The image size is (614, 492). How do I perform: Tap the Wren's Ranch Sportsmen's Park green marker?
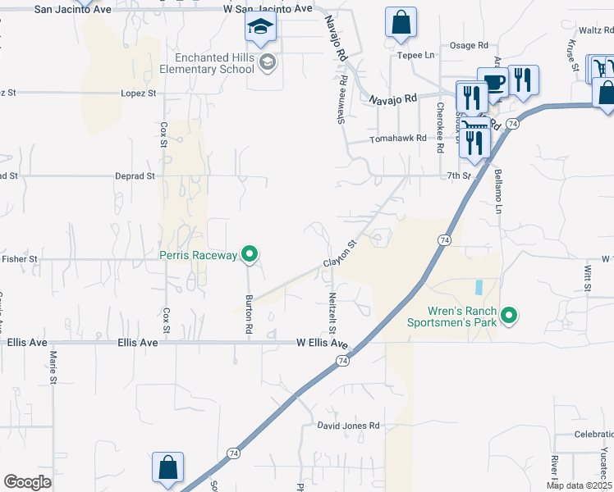click(510, 315)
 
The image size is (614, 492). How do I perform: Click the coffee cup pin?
click(493, 81)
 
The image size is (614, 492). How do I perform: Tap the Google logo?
click(27, 482)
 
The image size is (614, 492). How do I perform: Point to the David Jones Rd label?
click(349, 426)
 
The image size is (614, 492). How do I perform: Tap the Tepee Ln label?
click(415, 56)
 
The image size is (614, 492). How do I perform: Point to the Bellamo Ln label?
click(498, 188)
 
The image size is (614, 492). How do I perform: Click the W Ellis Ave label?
click(323, 343)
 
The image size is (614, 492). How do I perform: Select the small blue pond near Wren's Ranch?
click(479, 288)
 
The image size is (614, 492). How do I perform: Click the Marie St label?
click(53, 367)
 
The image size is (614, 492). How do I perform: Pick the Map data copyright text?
click(580, 485)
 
